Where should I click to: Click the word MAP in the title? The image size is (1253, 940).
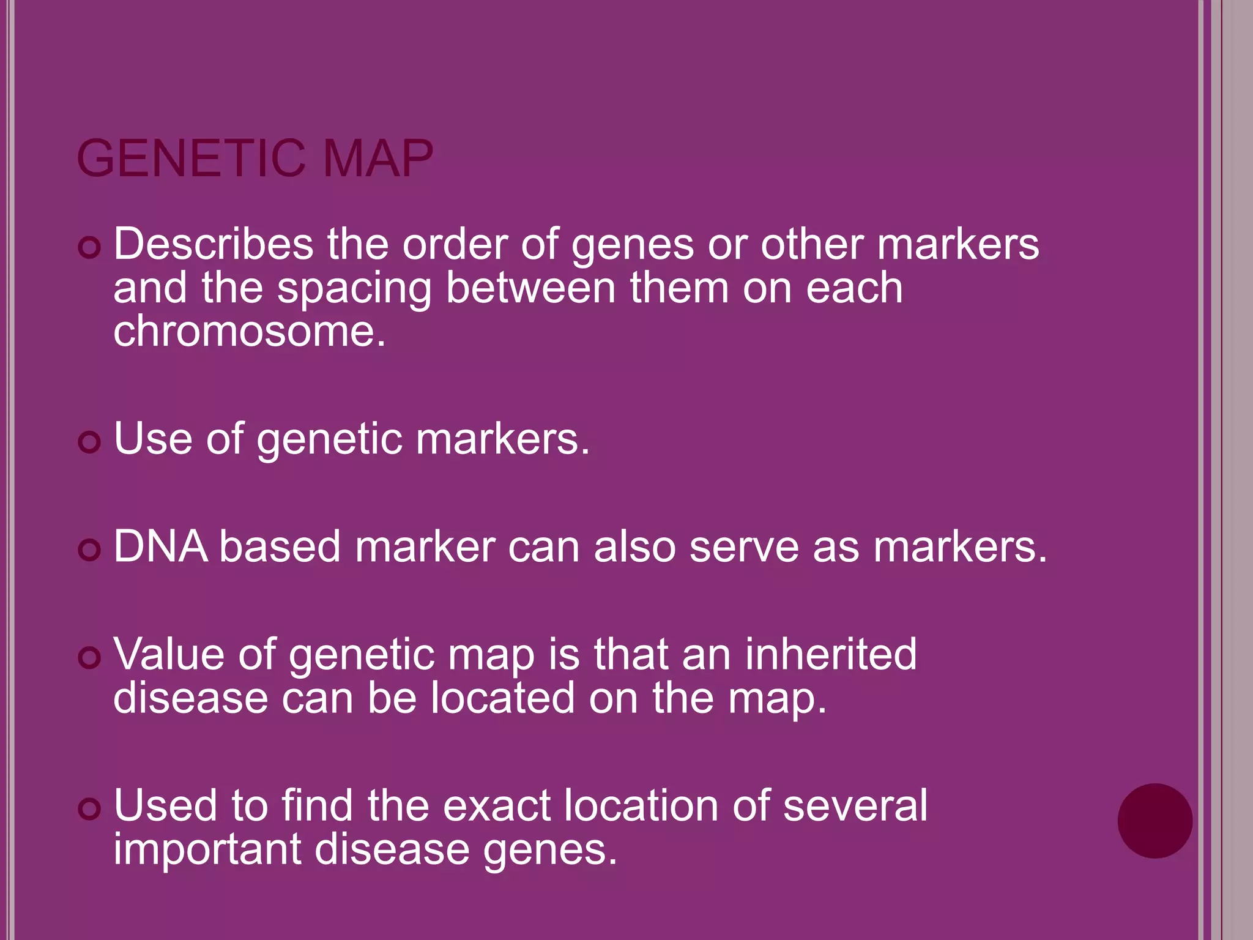coord(377,159)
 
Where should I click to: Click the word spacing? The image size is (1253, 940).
coord(354,288)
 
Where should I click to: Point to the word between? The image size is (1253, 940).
coord(530,288)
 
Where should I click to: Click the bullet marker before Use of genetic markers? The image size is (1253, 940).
coord(89,442)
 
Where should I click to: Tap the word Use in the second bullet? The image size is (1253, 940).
coord(153,439)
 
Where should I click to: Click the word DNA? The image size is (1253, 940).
coord(160,546)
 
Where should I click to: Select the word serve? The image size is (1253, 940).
coord(744,546)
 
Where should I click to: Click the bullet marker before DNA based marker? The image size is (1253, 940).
coord(89,550)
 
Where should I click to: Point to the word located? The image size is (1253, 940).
coord(503,698)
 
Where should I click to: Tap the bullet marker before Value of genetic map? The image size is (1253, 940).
coord(89,658)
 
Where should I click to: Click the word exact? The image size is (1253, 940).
coord(497,806)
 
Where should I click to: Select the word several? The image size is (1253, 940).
coord(855,806)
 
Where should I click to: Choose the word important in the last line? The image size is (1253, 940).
coord(207,850)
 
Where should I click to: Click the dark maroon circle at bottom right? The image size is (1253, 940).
coord(1154,821)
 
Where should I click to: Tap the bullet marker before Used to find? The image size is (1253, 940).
coord(89,810)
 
